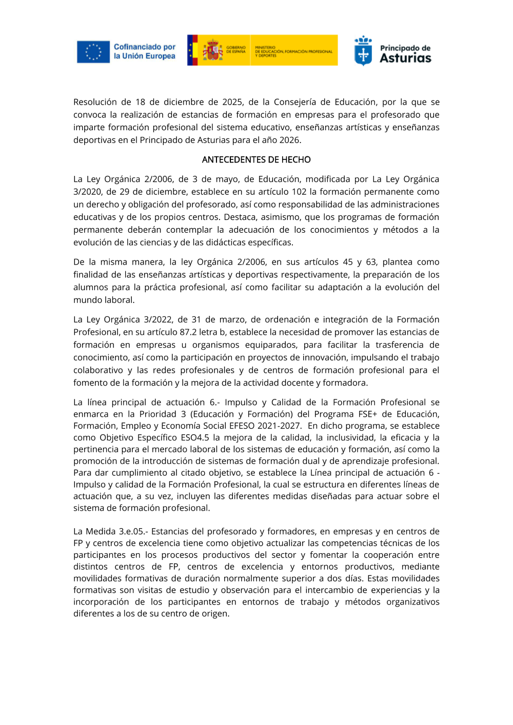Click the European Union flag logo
click(x=93, y=52)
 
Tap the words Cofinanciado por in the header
click(x=144, y=47)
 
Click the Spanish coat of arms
click(x=212, y=51)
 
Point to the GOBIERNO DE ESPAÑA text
click(x=236, y=50)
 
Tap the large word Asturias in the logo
click(x=405, y=58)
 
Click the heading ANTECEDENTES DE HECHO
click(x=256, y=159)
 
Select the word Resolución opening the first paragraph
click(x=95, y=102)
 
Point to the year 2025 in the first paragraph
click(x=233, y=102)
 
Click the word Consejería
click(x=295, y=102)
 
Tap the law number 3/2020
click(x=87, y=192)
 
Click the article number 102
click(x=300, y=192)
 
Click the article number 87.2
click(x=189, y=332)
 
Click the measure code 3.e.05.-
click(x=131, y=531)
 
